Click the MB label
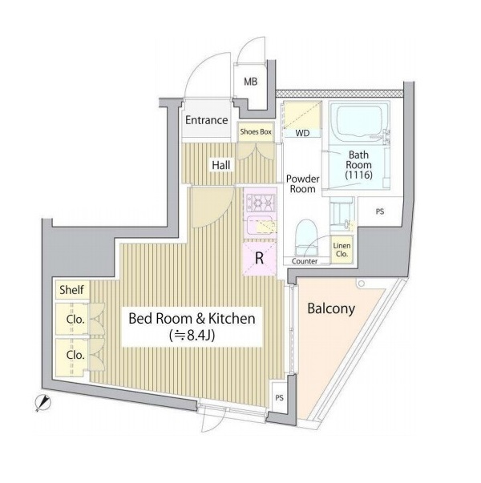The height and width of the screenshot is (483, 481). [250, 82]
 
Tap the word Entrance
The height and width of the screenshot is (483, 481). [206, 120]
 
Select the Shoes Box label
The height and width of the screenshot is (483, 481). [256, 132]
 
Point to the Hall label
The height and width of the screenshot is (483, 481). [221, 165]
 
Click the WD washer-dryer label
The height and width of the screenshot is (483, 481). [302, 133]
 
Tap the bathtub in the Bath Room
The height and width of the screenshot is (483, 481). [359, 122]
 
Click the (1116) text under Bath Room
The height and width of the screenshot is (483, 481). [359, 175]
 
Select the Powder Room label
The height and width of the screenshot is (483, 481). [302, 184]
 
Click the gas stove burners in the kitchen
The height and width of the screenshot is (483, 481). [260, 203]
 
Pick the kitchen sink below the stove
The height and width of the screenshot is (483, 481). [261, 227]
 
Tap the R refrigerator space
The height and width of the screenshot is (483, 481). [260, 258]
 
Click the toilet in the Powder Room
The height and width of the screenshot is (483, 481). [307, 237]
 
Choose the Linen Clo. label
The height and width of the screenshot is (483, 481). [342, 250]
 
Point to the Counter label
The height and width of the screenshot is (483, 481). [305, 261]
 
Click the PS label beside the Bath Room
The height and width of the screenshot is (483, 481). [380, 212]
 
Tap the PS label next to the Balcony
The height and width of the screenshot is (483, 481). [279, 397]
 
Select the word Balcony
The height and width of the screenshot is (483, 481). [331, 309]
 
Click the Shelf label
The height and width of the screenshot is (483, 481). [71, 290]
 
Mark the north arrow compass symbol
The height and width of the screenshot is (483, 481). [42, 403]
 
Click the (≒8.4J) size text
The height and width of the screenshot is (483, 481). [192, 336]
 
